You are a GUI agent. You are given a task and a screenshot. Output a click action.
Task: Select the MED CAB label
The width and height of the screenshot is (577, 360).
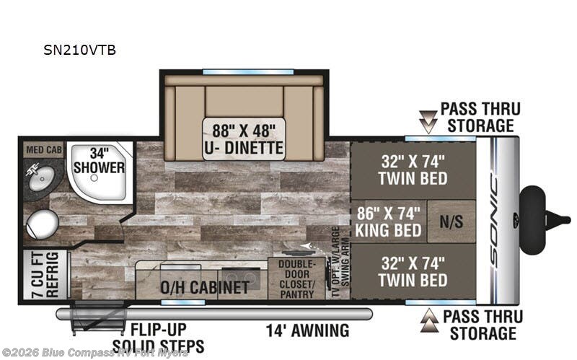44,150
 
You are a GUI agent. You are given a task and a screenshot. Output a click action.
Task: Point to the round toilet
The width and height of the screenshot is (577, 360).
39,222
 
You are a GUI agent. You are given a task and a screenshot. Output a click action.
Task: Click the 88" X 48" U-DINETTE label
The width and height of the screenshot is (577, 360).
243,139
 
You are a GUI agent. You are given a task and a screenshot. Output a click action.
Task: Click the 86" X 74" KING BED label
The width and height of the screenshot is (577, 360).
388,222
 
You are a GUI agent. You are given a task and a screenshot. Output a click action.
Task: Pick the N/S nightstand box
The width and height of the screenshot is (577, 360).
451,224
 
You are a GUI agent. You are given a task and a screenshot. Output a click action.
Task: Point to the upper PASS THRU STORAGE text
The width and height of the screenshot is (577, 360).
480,118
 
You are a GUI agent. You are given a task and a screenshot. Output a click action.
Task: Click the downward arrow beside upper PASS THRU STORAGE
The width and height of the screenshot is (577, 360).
428,121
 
